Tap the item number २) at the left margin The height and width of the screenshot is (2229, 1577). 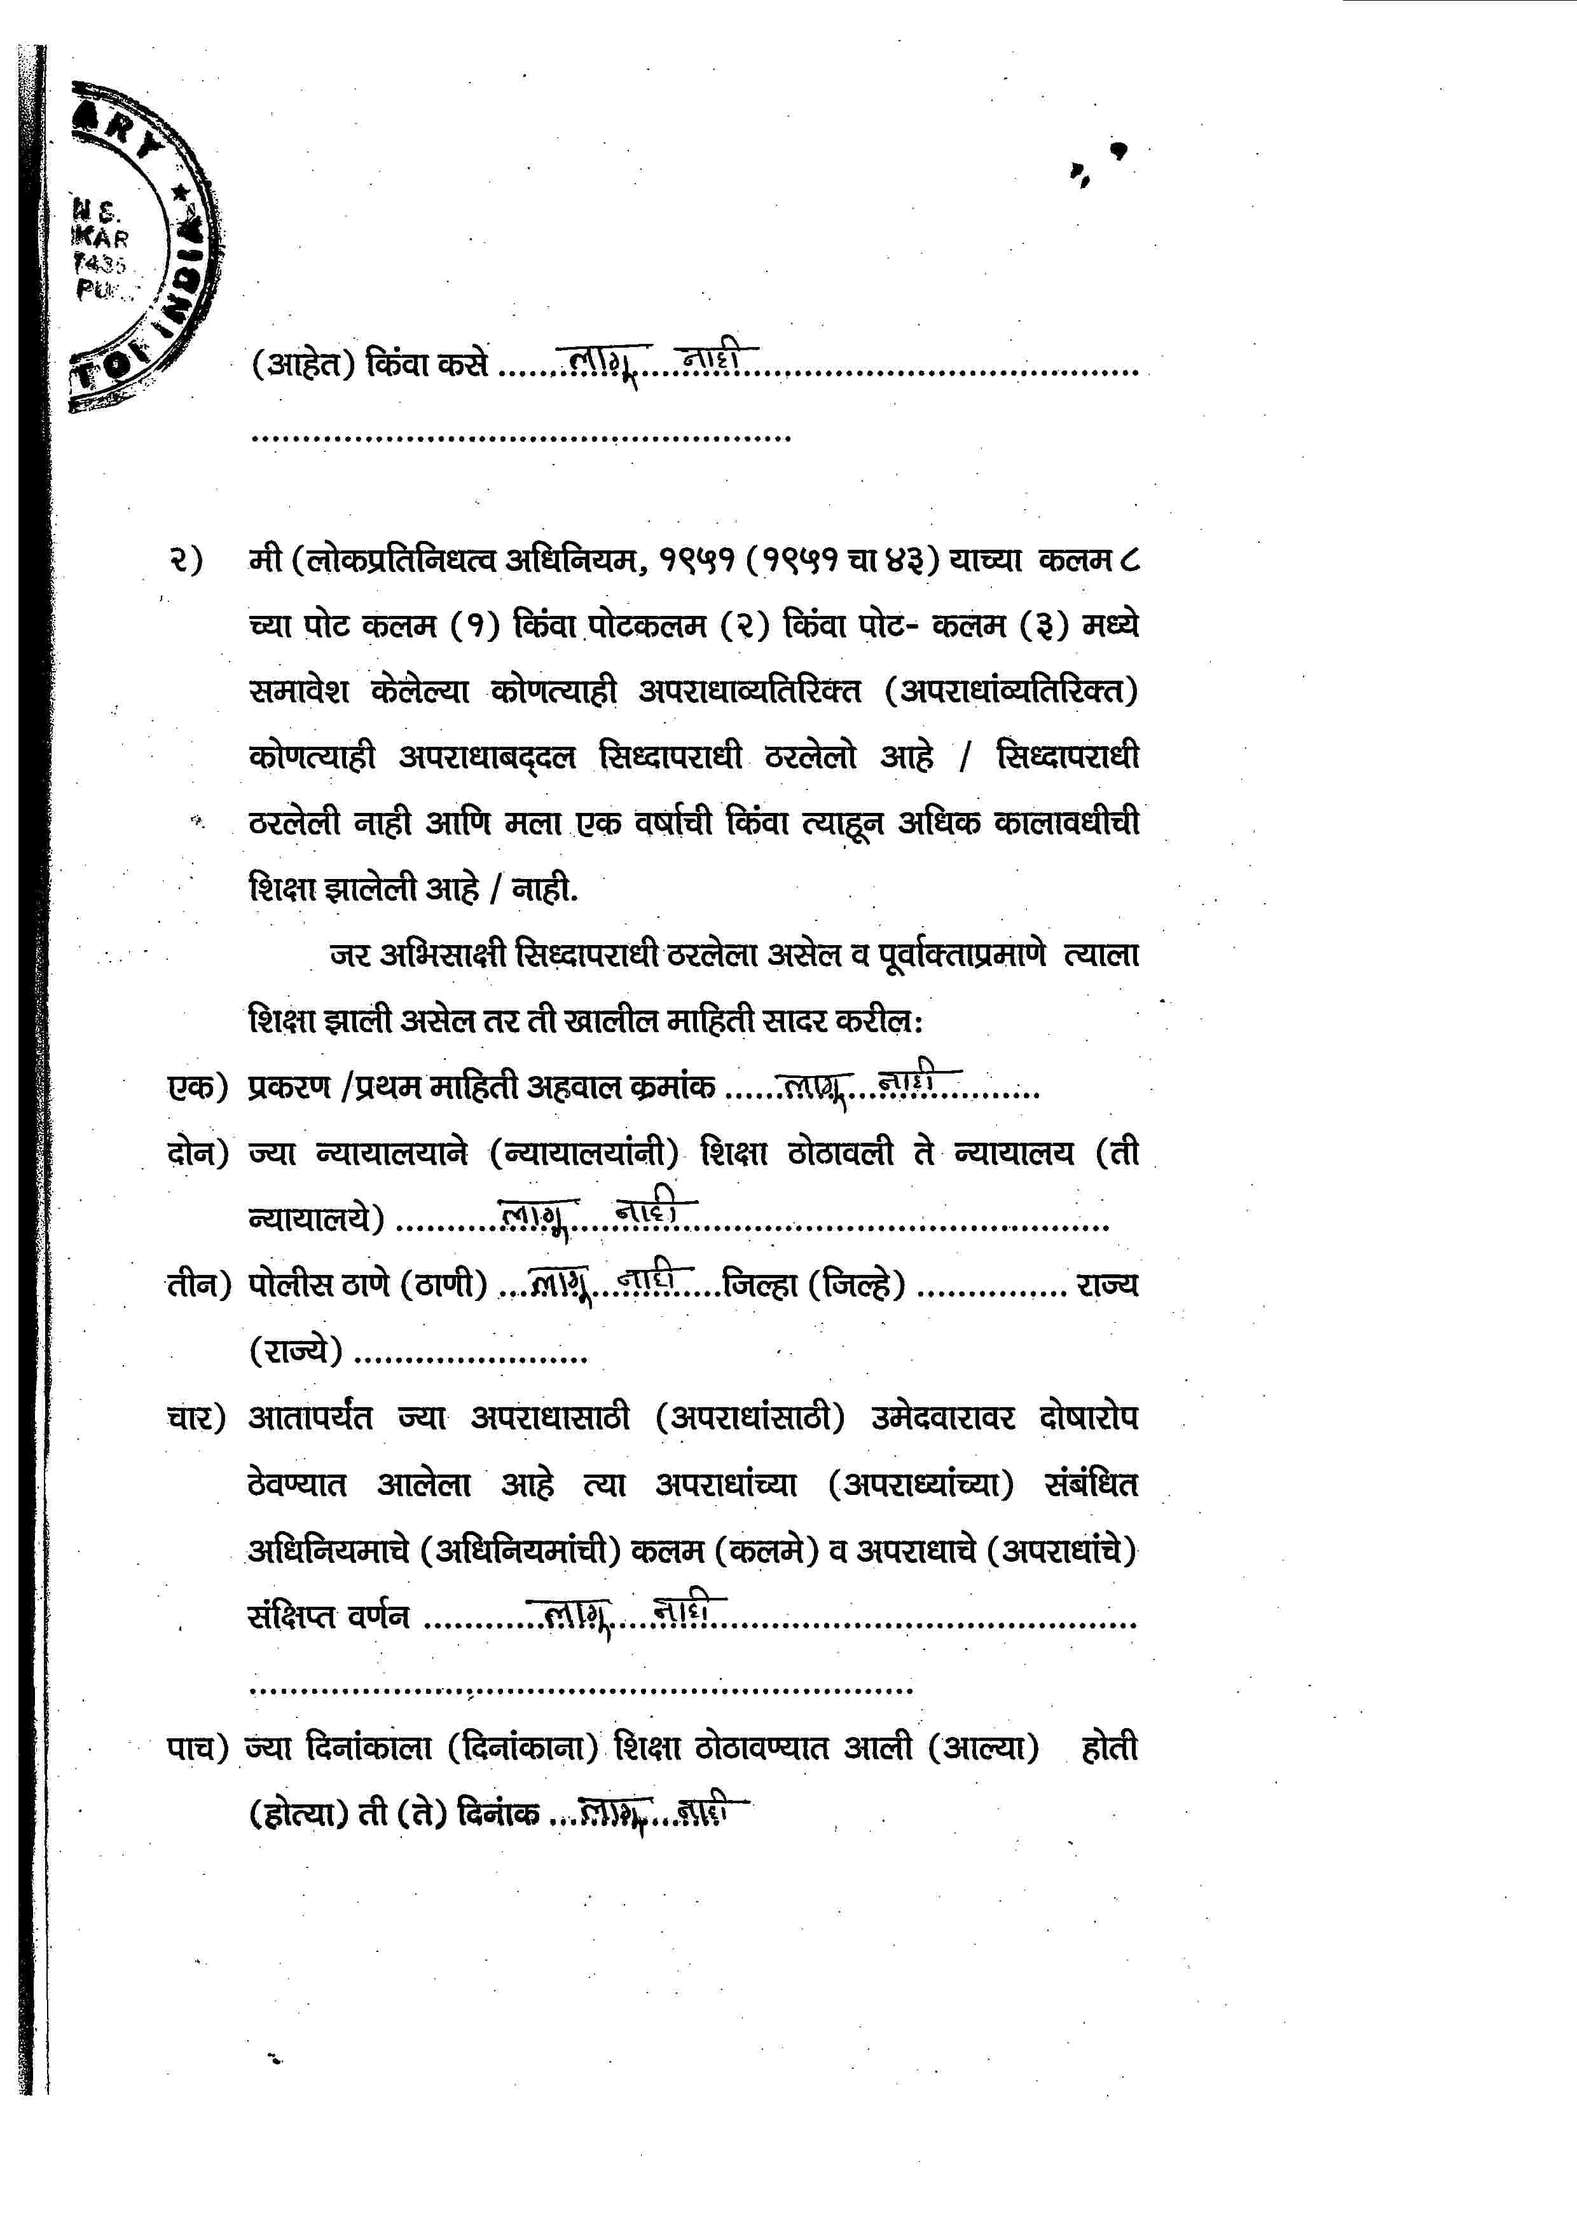pos(184,560)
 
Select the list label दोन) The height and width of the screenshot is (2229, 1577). pos(197,1152)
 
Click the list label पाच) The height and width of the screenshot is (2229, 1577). pos(197,1747)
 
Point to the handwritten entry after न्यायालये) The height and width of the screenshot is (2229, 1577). pos(597,1213)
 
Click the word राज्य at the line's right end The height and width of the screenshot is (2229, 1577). pos(1107,1285)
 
